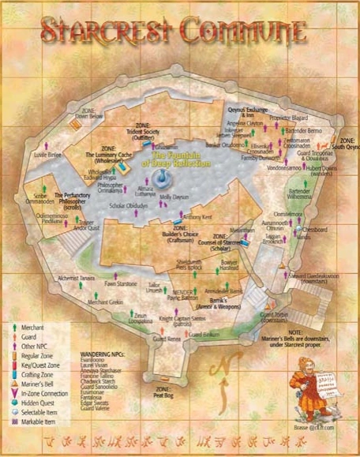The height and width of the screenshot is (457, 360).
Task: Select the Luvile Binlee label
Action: pos(47,155)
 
